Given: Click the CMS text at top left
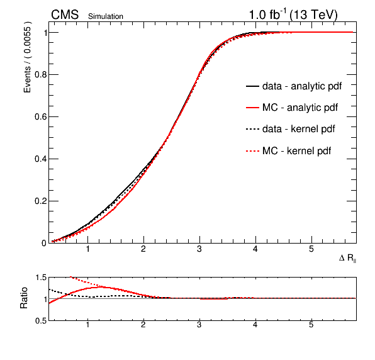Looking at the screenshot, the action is (65, 14).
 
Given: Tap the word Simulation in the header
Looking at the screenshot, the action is (106, 16).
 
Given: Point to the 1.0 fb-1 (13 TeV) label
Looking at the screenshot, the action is (293, 14).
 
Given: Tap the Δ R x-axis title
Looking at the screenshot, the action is (348, 258).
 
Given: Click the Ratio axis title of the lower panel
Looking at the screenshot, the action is (24, 298).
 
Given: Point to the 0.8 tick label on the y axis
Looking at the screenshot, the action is (40, 75).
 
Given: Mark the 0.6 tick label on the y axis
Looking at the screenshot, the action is (40, 116).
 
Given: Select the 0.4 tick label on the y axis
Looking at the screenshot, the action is (40, 159).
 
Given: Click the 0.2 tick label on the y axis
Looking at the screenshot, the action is (40, 201).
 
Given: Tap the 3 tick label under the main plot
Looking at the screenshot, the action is (199, 249).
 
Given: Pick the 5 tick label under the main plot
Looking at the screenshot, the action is (311, 249).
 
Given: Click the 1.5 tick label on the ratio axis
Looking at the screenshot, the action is (41, 278).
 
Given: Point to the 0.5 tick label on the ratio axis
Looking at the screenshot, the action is (41, 321).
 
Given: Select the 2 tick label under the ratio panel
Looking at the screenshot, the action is (143, 325).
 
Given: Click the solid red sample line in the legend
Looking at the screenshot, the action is (252, 108).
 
